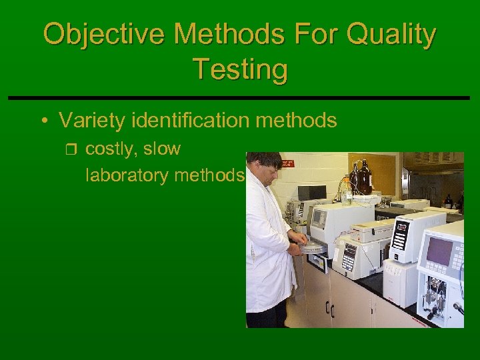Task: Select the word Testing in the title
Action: [x=240, y=69]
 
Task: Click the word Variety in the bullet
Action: [x=93, y=121]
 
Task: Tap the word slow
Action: [x=161, y=149]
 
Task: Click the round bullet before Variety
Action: [x=43, y=121]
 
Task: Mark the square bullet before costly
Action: [x=73, y=149]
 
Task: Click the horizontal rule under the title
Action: [x=240, y=98]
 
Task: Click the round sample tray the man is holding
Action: [x=312, y=247]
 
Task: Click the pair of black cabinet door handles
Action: [x=329, y=308]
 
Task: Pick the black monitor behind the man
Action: [x=311, y=193]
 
